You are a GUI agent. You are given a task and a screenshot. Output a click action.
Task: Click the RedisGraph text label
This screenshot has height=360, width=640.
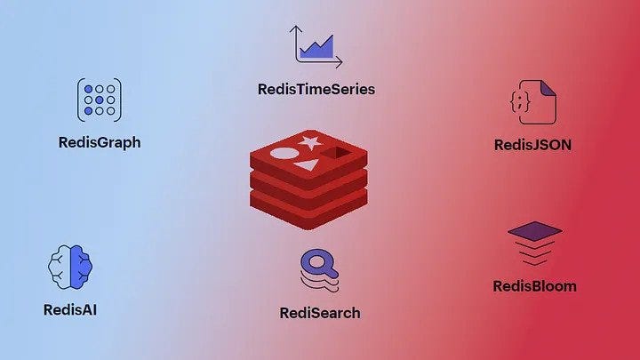(x=99, y=142)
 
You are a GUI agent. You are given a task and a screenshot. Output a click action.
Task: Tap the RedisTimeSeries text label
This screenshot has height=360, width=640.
(x=316, y=89)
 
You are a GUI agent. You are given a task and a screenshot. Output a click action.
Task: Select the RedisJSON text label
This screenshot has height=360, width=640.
(x=532, y=144)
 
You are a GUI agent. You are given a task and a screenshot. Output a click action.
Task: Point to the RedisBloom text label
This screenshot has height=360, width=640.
(x=534, y=286)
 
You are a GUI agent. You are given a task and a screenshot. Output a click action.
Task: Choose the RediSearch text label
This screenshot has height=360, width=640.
(x=320, y=312)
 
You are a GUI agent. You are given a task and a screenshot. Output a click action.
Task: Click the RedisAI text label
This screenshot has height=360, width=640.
(x=69, y=310)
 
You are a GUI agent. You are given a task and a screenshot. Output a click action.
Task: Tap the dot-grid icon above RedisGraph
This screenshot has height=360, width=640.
(x=100, y=100)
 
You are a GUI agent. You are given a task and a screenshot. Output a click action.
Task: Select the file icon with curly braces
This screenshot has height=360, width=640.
(x=533, y=102)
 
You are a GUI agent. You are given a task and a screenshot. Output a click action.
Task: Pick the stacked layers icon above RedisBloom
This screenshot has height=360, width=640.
(x=534, y=244)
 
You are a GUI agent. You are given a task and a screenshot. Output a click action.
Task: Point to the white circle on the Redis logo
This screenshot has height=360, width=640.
(x=282, y=154)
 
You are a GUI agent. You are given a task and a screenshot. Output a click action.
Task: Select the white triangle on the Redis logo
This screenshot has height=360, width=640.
(x=307, y=165)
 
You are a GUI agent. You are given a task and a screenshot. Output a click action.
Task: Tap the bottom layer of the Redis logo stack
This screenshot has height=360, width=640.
(x=308, y=210)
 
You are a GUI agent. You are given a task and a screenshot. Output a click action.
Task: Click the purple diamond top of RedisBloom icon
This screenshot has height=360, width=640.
(x=534, y=231)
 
